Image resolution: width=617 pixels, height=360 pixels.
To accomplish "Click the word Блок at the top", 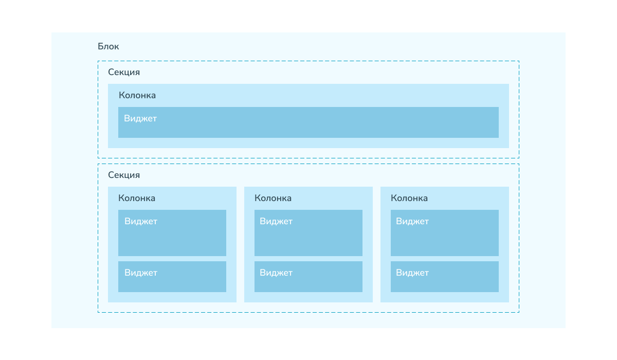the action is (108, 46).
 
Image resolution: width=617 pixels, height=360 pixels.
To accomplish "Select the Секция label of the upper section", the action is (124, 72).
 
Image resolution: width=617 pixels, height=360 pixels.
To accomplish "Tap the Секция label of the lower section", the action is (124, 175).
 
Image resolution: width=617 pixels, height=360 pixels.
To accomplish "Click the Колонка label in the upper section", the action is (137, 95).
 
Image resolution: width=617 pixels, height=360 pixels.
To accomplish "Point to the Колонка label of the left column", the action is (137, 198).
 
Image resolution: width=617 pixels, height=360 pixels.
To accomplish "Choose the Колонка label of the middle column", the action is (273, 198).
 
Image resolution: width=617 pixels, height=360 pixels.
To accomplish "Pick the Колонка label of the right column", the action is (409, 198).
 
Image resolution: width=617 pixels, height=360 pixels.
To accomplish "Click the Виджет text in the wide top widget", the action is (140, 118).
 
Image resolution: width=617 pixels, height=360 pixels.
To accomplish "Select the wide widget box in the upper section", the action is (308, 122).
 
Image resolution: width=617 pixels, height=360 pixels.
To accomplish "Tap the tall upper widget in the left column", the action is (172, 233).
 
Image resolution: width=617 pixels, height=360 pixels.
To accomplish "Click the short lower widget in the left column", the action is (172, 277).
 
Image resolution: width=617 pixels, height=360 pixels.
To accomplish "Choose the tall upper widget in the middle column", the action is (308, 233).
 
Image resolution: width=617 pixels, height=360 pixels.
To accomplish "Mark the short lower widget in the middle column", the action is (308, 277).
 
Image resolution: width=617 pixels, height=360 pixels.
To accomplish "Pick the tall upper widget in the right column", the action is (445, 233).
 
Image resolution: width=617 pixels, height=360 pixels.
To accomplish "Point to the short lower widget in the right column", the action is (445, 277).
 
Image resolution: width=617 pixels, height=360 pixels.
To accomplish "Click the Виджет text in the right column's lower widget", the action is (412, 273).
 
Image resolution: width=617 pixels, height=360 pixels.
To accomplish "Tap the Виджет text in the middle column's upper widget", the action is (276, 221).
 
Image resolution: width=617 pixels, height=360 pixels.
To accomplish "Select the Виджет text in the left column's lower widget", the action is (141, 273).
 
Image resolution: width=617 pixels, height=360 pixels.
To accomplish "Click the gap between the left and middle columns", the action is (240, 245).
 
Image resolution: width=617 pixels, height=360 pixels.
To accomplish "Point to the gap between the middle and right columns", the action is (376, 245).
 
